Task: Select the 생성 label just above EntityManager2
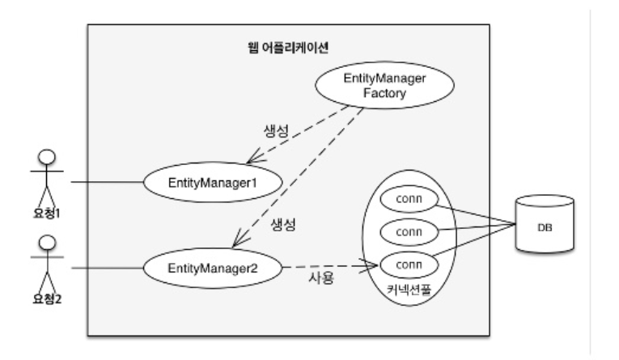coord(281,224)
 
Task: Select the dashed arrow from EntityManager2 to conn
coord(332,266)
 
